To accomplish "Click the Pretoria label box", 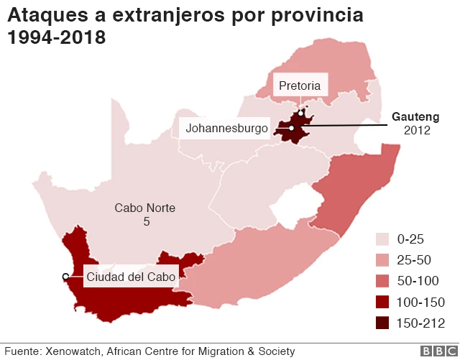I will pyautogui.click(x=300, y=87).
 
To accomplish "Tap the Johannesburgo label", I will pyautogui.click(x=226, y=129).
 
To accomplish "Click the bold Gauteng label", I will pyautogui.click(x=415, y=116).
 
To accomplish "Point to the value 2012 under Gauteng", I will pyautogui.click(x=416, y=130).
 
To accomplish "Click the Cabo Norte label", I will pyautogui.click(x=145, y=208).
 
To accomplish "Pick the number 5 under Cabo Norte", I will pyautogui.click(x=146, y=223).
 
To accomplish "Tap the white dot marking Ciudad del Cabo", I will pyautogui.click(x=65, y=277).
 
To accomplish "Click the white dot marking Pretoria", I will pyautogui.click(x=301, y=112).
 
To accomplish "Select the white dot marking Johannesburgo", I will pyautogui.click(x=293, y=129).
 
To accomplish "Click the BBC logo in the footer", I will pyautogui.click(x=436, y=351).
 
